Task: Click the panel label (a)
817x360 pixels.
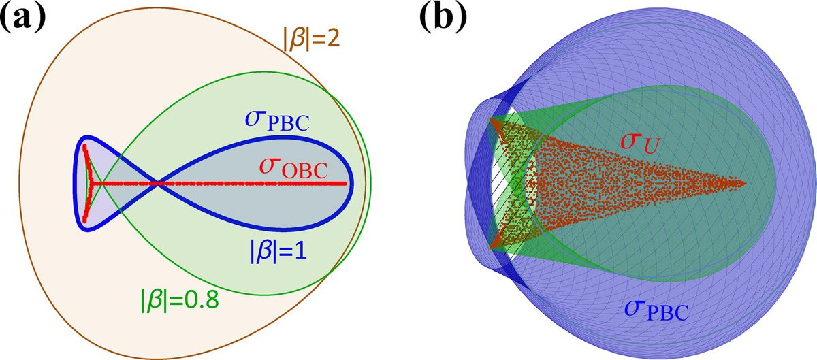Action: click(x=23, y=19)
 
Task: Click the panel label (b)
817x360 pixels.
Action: click(x=443, y=19)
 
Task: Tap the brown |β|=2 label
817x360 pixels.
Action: click(x=312, y=37)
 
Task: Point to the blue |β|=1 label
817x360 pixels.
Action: click(x=278, y=252)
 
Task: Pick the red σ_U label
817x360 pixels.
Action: click(x=640, y=142)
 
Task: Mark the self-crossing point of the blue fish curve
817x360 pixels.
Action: click(x=157, y=184)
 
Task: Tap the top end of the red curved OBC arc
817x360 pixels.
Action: click(x=84, y=146)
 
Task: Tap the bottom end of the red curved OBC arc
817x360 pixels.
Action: click(x=84, y=220)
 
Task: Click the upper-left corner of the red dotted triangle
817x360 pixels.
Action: click(x=492, y=119)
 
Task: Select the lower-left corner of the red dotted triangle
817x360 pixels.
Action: click(x=492, y=248)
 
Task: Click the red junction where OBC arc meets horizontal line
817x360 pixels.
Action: click(x=91, y=184)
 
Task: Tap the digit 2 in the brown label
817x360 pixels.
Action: click(x=334, y=38)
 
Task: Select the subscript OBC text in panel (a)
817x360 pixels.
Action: click(x=304, y=171)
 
